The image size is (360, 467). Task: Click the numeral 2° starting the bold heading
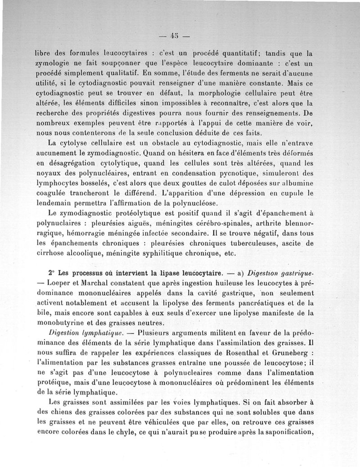52,273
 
